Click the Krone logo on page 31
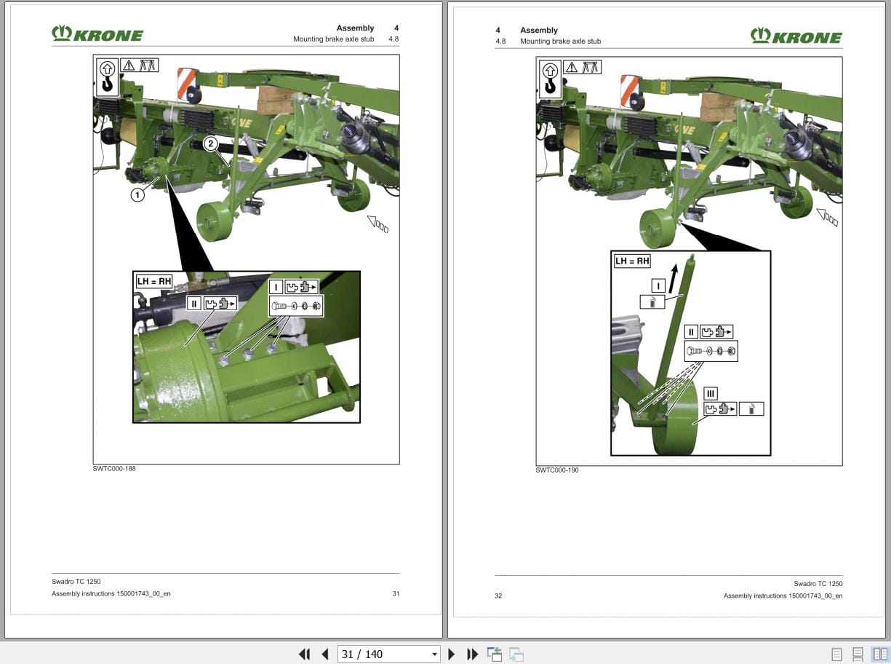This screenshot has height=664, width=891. (97, 34)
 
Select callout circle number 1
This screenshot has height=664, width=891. (137, 194)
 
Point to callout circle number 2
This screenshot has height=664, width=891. (210, 144)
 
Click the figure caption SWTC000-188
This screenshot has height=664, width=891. (114, 468)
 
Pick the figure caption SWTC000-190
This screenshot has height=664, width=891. (557, 470)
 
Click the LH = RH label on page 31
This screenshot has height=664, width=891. (153, 281)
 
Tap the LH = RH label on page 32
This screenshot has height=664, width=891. (632, 261)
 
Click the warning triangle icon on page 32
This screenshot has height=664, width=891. (572, 68)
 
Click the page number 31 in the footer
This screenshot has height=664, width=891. (396, 593)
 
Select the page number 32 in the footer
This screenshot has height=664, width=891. (498, 596)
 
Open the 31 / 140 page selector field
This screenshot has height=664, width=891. (388, 654)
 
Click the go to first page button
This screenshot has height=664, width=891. (305, 654)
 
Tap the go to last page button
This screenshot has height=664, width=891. (472, 654)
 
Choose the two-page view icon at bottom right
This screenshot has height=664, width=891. (880, 654)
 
